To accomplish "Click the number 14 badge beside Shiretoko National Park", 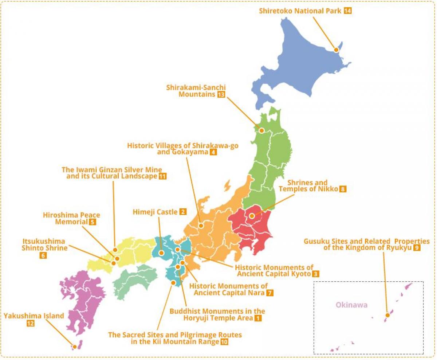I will [347, 11].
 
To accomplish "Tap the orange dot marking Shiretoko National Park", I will [336, 50].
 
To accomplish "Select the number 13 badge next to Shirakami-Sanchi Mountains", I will [221, 95].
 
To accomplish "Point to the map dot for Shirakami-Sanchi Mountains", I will [261, 130].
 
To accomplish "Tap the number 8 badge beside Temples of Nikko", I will [342, 189].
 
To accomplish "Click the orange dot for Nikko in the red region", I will [252, 216].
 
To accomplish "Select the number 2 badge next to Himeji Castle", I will [183, 212].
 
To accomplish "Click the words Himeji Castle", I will [155, 212].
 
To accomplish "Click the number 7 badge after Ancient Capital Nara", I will [269, 293].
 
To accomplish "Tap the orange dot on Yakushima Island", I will [74, 347].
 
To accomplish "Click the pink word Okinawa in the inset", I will [352, 305].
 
